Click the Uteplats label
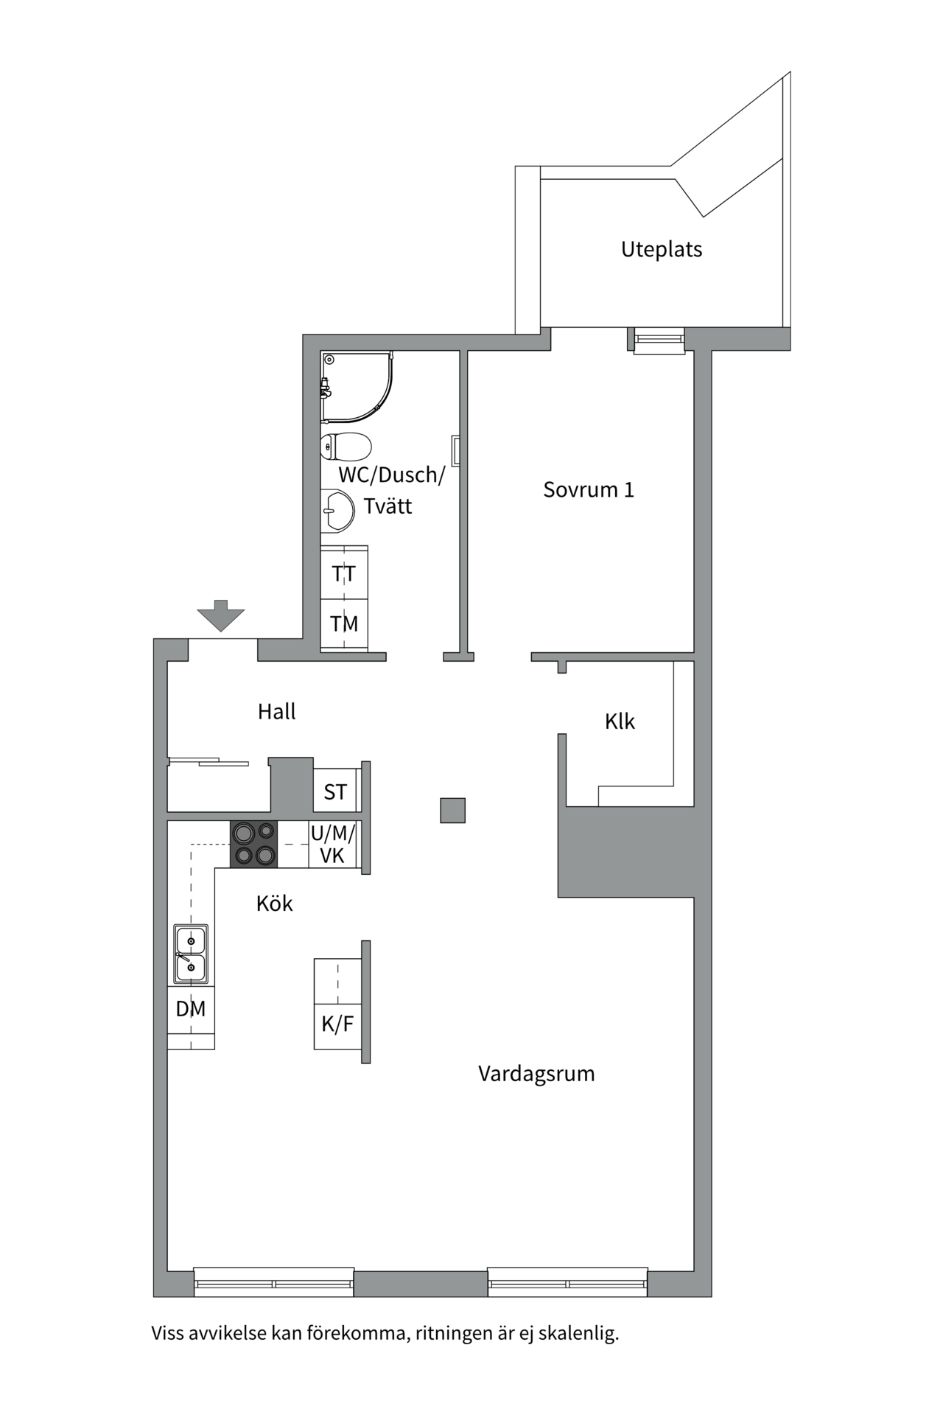click(661, 249)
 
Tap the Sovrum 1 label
click(588, 489)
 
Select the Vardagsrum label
click(536, 1073)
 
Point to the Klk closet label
click(620, 721)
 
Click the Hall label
click(276, 711)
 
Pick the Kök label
click(274, 903)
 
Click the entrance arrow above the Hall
click(220, 615)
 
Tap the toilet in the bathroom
click(346, 447)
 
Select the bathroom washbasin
click(339, 509)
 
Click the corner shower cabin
click(356, 387)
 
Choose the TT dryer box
click(344, 573)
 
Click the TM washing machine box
click(344, 623)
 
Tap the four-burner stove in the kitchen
click(254, 844)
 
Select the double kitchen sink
click(191, 954)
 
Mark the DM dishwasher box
click(191, 1008)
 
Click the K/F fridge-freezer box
click(337, 1024)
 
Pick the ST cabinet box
click(335, 792)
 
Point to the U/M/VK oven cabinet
click(332, 844)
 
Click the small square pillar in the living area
click(452, 811)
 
